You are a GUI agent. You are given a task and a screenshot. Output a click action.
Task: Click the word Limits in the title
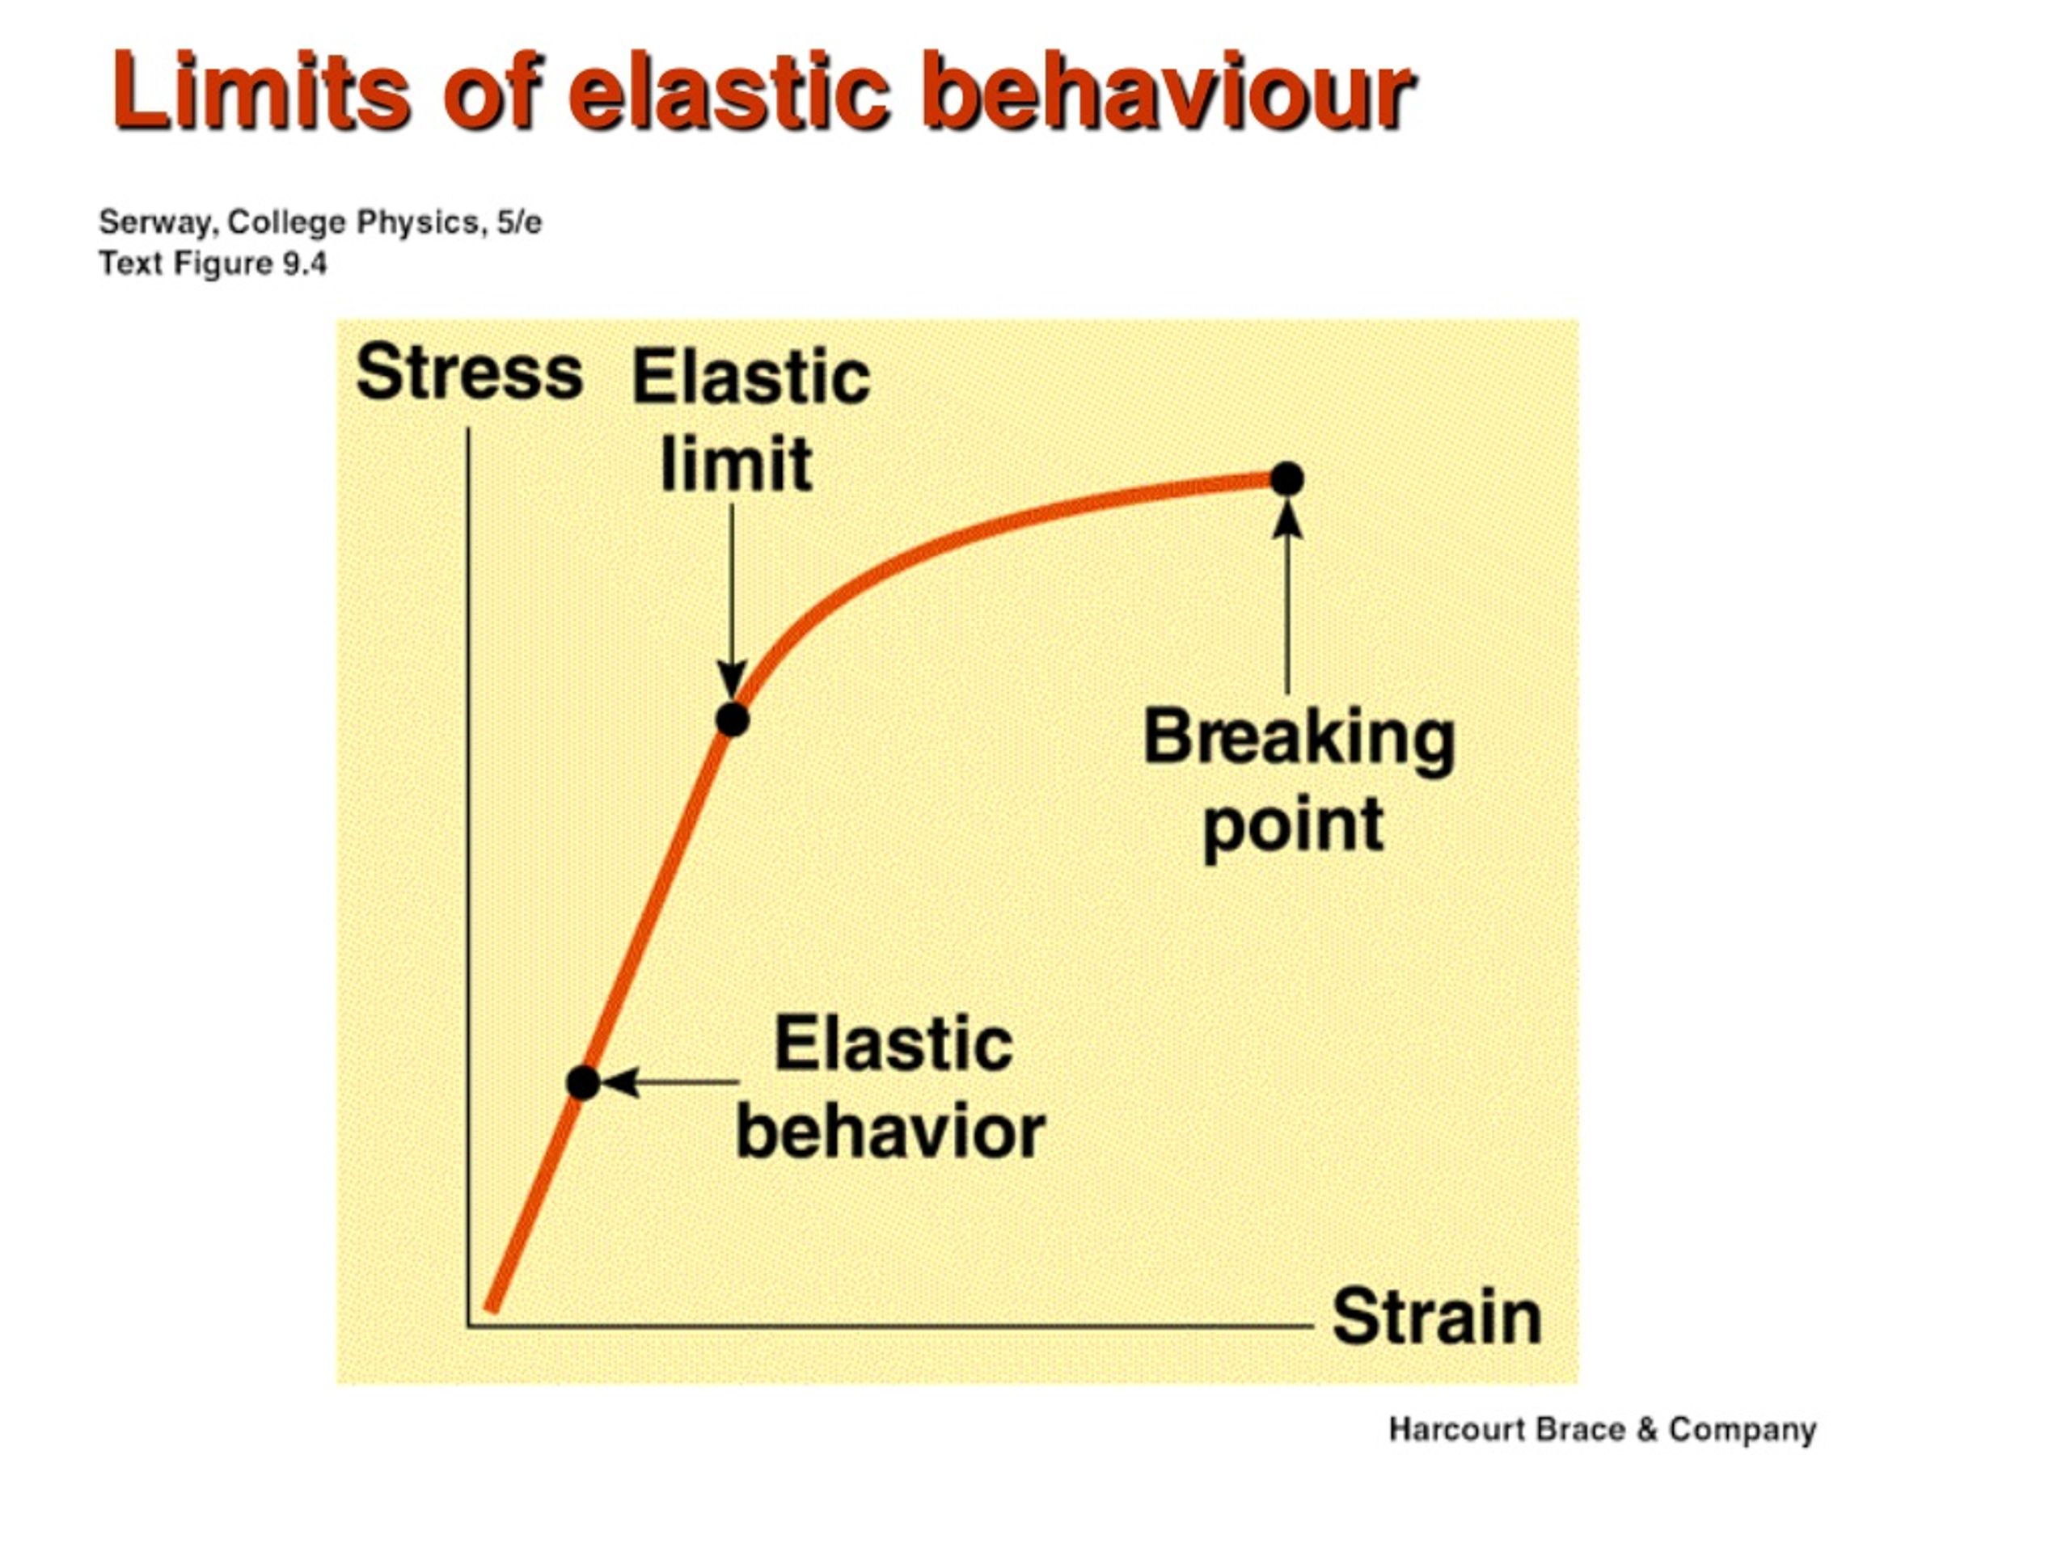coord(261,94)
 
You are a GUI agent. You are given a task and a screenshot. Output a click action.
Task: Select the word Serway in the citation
coord(158,222)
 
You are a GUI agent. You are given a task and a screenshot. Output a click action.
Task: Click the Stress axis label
coord(469,373)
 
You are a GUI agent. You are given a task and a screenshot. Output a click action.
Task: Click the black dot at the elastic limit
coord(733,720)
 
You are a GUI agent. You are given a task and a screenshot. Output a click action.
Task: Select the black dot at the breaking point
coord(1286,479)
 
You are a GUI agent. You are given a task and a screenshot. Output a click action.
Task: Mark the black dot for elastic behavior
coord(583,1082)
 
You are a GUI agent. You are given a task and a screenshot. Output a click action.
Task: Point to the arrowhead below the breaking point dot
coord(1287,520)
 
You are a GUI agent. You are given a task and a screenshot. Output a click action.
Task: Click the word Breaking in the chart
coord(1299,739)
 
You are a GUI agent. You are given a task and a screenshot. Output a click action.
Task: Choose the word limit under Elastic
coord(736,464)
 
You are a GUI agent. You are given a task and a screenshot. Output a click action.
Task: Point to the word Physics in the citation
coord(417,222)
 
